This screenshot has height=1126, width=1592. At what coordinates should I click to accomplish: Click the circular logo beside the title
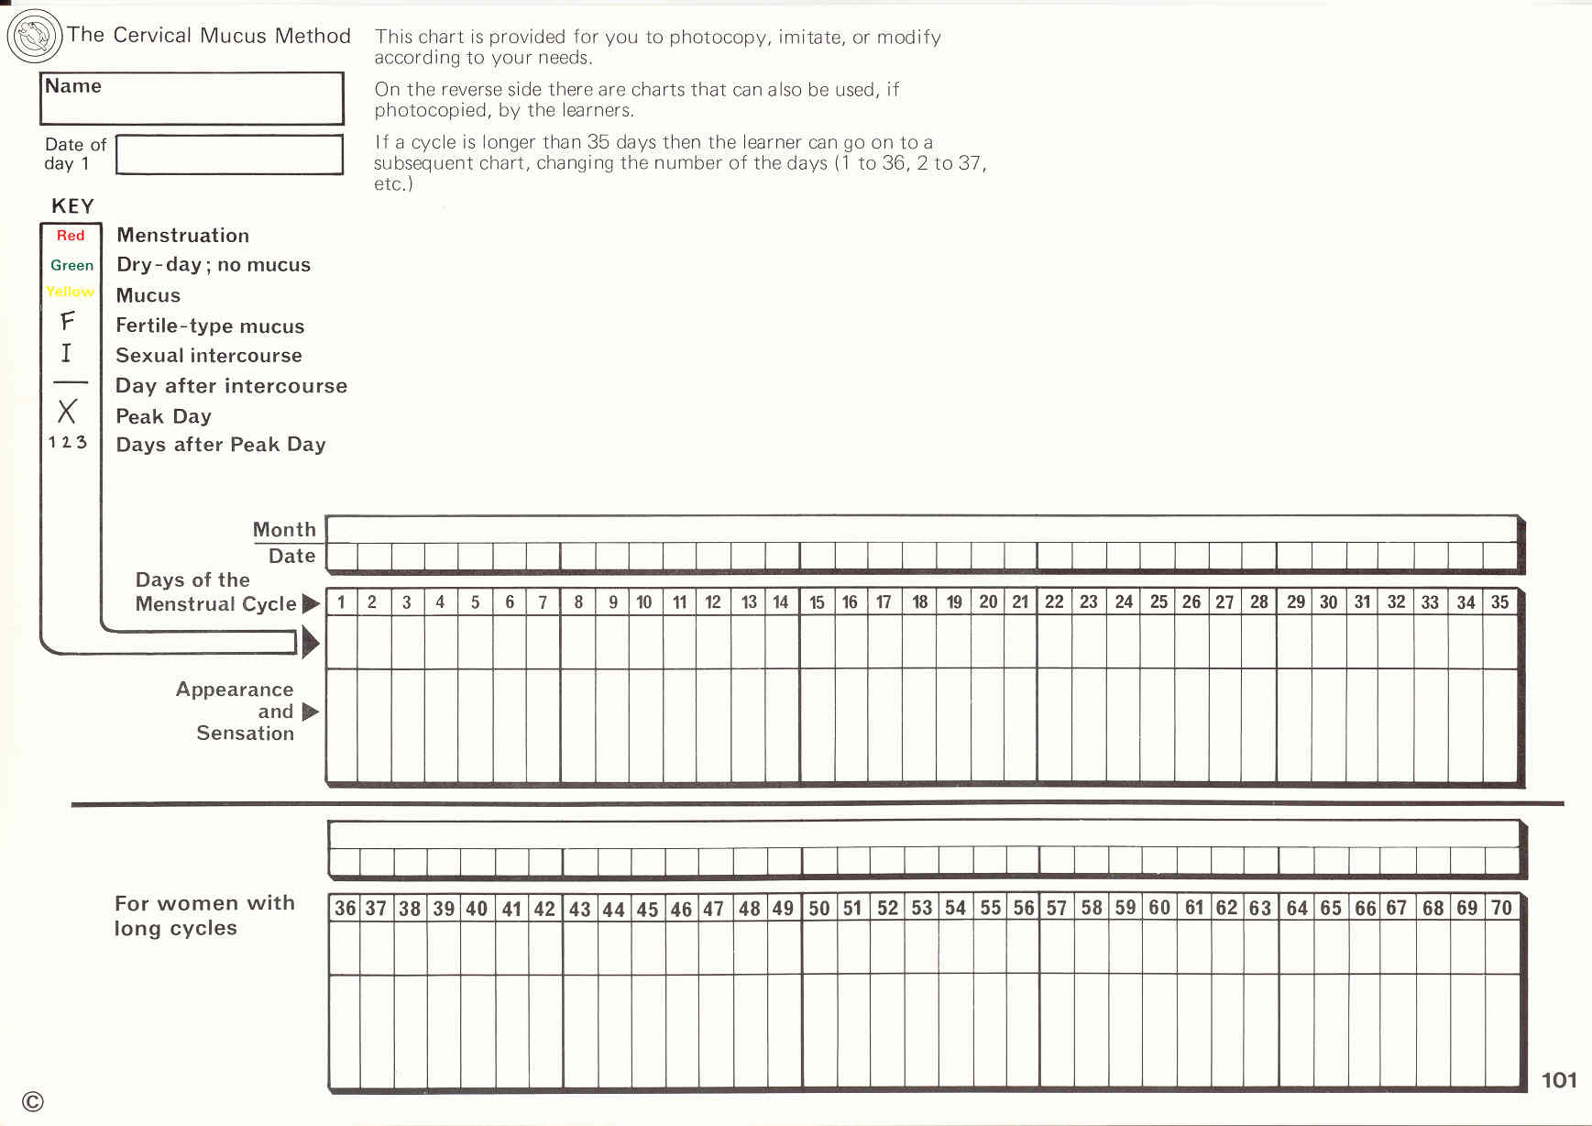coord(35,37)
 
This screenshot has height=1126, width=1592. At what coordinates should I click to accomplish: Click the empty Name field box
coord(192,99)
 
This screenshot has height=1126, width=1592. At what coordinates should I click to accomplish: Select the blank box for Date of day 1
coord(229,155)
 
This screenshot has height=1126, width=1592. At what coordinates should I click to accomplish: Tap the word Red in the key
coord(71,236)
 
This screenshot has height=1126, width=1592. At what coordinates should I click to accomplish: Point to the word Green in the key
coord(71,265)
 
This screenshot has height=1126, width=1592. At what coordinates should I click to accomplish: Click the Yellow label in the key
coord(71,292)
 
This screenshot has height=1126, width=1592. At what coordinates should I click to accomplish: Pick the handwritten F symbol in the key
coord(67,321)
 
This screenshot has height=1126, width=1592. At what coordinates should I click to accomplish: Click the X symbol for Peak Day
coord(67,412)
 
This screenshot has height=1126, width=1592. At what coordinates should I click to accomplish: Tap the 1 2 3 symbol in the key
coord(68,442)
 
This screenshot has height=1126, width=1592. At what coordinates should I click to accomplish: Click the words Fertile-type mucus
coord(210,326)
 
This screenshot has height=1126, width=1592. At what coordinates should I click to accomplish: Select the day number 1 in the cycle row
coord(341,602)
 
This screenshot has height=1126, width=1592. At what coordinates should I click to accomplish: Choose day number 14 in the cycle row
coord(780,602)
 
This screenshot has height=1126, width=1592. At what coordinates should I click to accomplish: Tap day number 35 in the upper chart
coord(1499,602)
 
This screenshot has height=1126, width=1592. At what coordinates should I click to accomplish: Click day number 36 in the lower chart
coord(345,908)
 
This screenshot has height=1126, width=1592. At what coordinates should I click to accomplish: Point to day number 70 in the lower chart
coord(1501,908)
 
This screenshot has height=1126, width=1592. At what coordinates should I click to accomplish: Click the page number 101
coord(1559,1080)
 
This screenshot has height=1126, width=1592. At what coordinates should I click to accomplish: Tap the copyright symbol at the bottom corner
coord(33,1102)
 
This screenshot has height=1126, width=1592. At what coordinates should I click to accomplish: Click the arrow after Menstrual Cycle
coord(311,603)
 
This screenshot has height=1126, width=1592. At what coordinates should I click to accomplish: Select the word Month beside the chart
coord(284,530)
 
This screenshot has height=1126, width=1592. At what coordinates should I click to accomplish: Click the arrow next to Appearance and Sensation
coord(310,712)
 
